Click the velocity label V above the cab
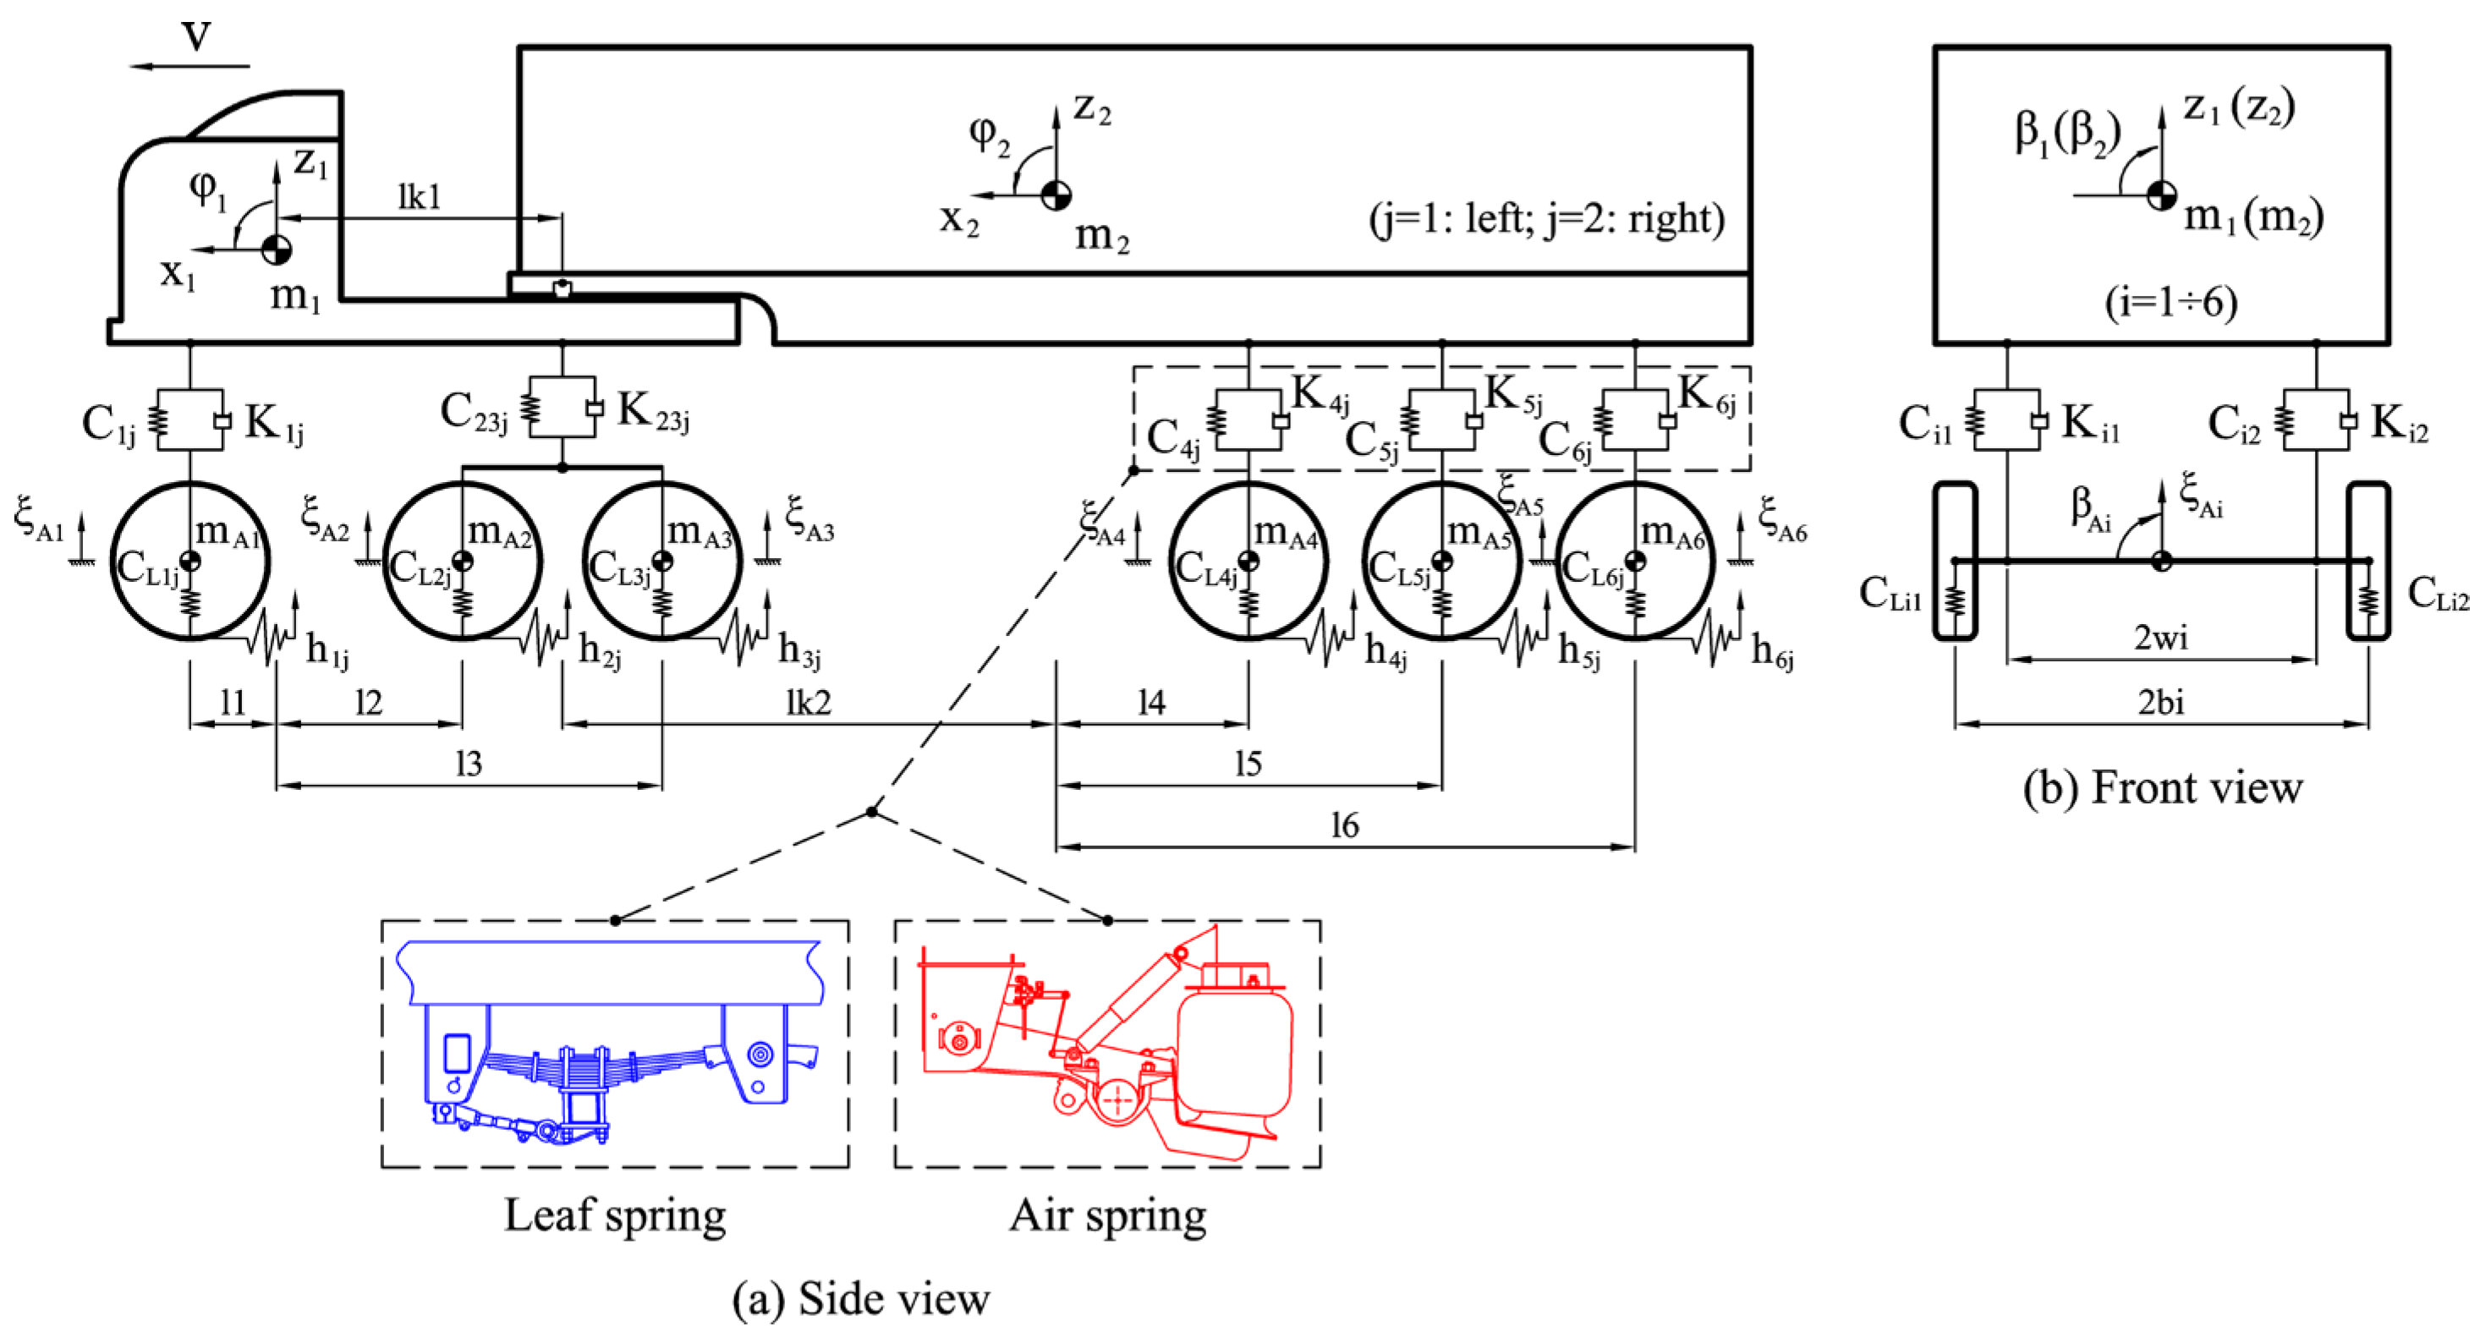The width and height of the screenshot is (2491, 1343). (x=196, y=36)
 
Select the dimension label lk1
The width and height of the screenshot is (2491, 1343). (x=419, y=197)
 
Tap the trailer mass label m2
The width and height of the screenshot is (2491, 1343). (x=1101, y=235)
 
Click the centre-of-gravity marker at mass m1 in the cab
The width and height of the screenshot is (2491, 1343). (x=277, y=249)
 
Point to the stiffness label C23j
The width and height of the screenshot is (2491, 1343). (x=473, y=413)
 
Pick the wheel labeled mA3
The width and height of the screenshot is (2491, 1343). (x=662, y=561)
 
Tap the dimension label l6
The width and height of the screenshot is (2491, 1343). (x=1344, y=825)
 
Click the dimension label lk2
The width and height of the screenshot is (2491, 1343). (x=809, y=702)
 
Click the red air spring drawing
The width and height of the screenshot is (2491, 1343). (x=1108, y=1044)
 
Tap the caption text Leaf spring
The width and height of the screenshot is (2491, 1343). (x=615, y=1214)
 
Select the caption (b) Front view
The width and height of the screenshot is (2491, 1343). (x=2162, y=787)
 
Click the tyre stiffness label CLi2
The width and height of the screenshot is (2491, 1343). (x=2437, y=593)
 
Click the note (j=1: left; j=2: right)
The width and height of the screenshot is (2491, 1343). (x=1546, y=218)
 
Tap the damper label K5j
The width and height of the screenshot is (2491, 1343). (x=1513, y=394)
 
